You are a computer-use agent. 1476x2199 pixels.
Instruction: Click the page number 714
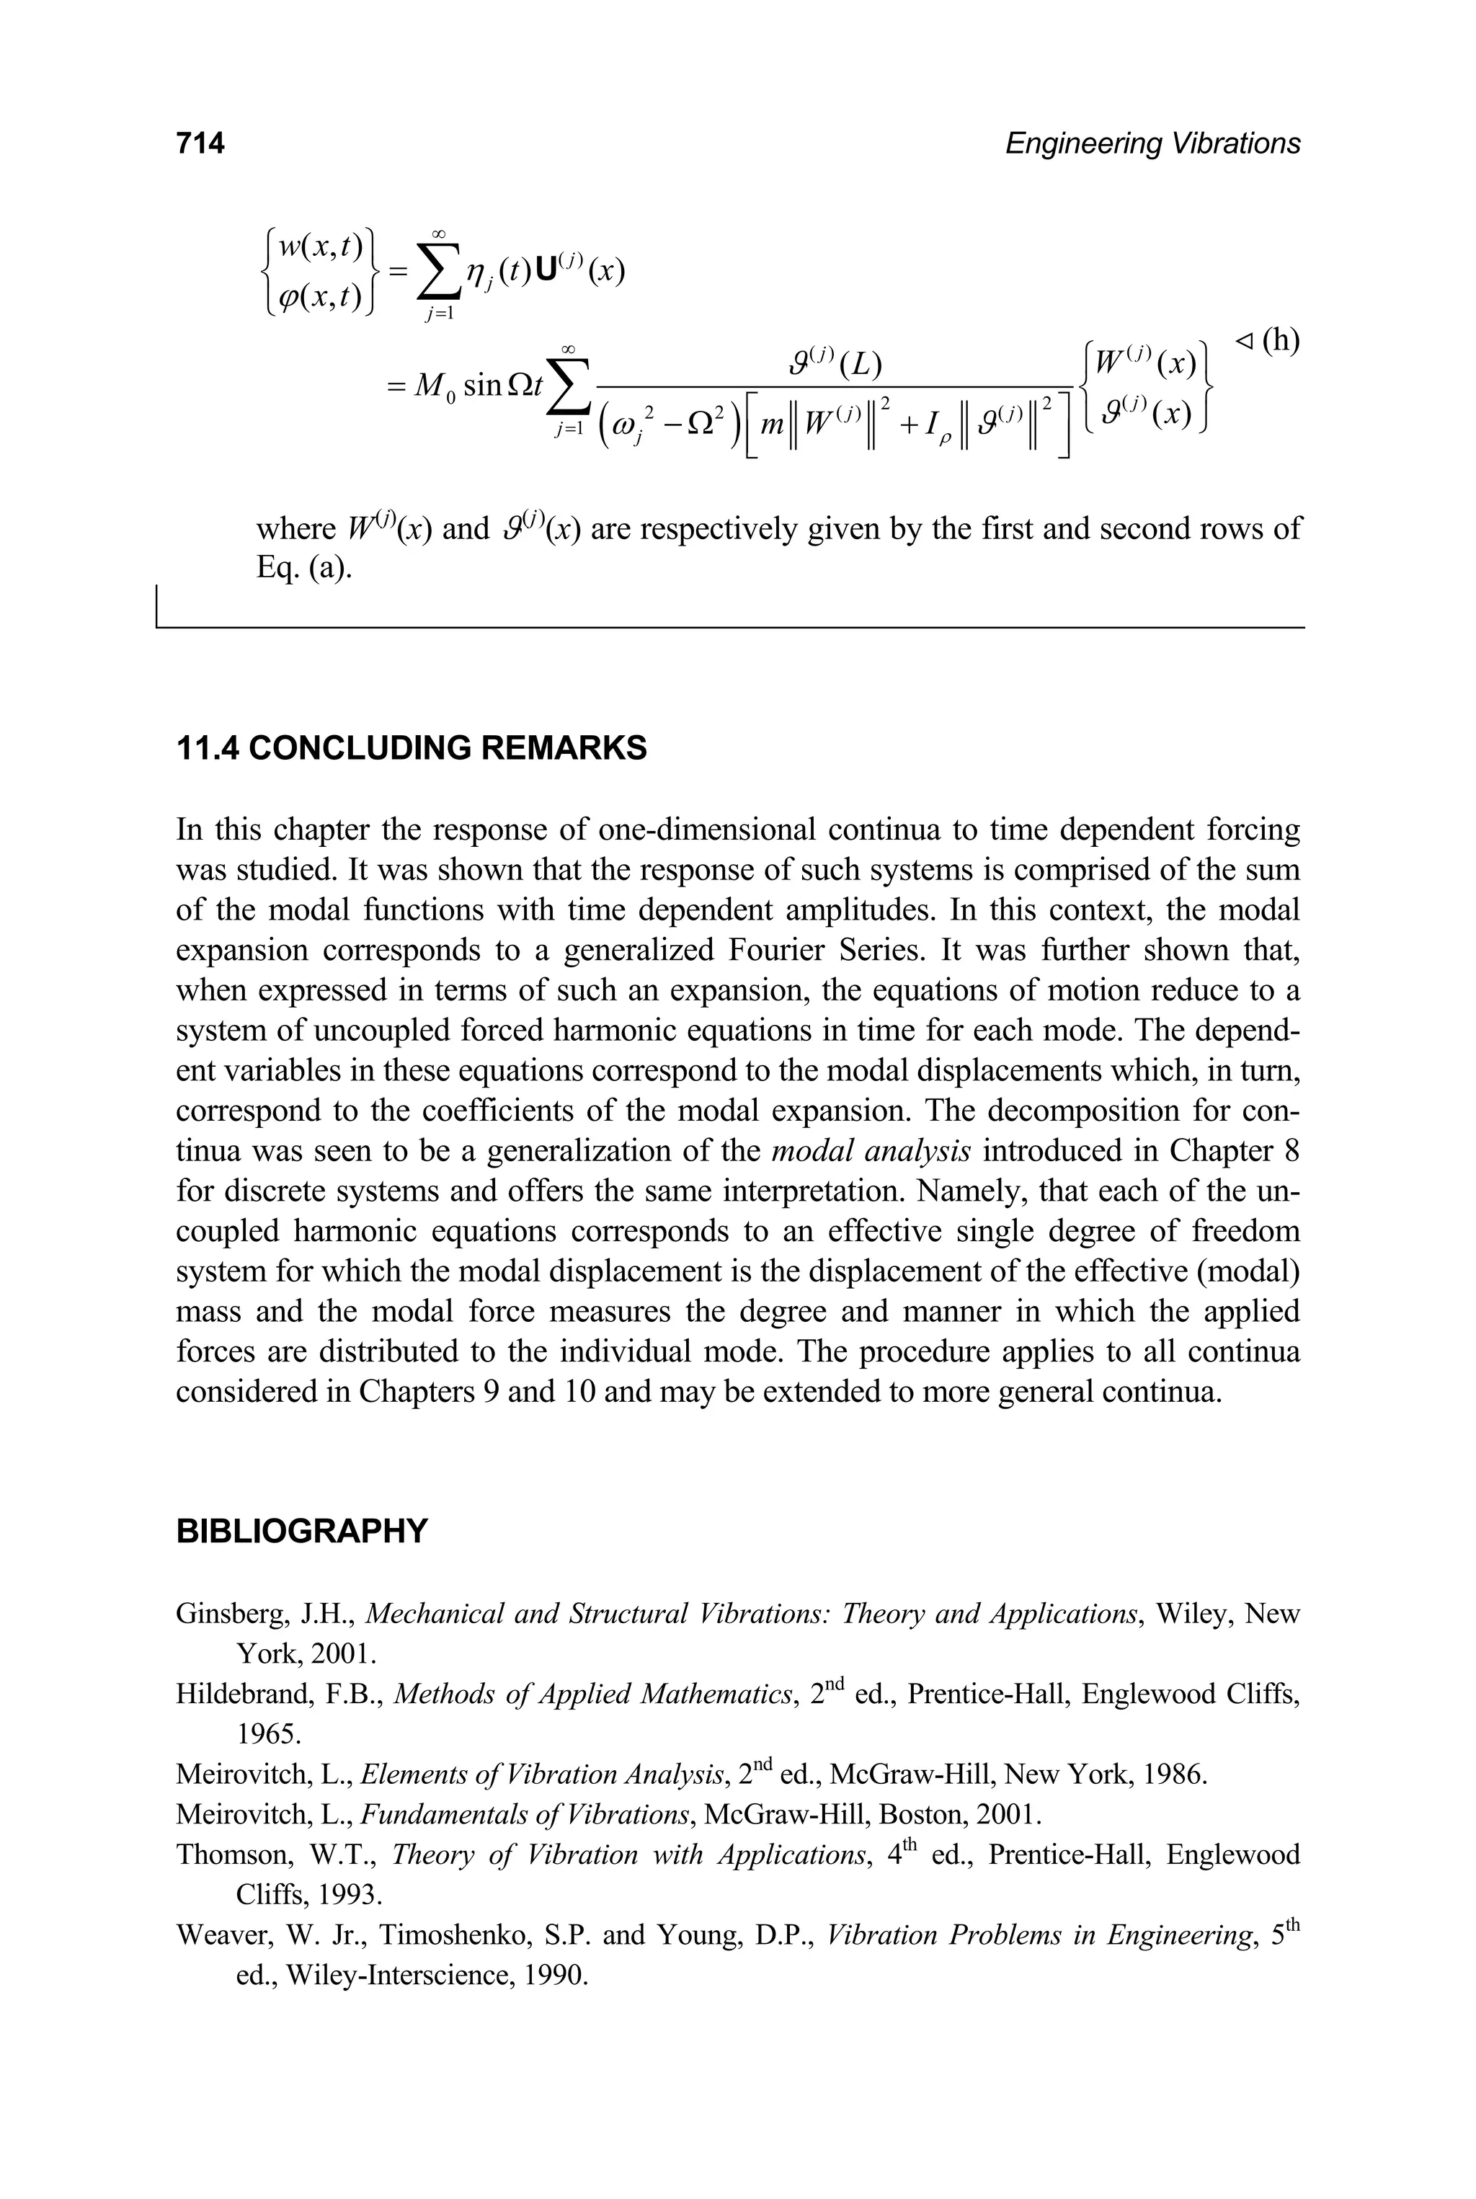tap(200, 143)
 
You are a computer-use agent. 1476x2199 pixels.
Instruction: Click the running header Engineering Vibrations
tap(1152, 143)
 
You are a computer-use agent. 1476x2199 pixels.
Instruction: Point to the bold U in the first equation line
tap(544, 271)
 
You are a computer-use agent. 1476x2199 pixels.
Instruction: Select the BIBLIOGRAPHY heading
tap(301, 1532)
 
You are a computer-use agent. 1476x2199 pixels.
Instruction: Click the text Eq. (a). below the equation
tap(304, 569)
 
